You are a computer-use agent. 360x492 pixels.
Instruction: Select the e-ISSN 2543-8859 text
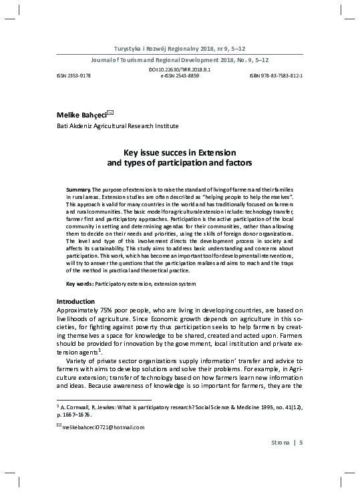click(180, 75)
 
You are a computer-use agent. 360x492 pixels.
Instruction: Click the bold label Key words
click(80, 284)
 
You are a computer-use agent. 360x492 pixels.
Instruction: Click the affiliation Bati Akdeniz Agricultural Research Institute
click(118, 126)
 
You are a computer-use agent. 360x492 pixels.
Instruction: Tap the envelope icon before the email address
click(59, 427)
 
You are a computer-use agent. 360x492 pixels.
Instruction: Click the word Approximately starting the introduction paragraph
click(79, 310)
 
